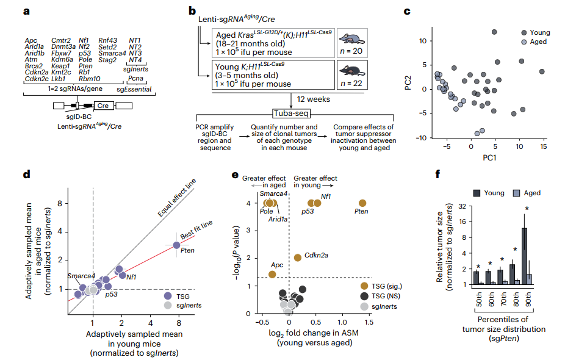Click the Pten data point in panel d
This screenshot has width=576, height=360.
176,245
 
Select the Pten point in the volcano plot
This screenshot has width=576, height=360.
362,203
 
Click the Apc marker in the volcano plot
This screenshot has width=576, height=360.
272,275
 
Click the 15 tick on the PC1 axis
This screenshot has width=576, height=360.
542,147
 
